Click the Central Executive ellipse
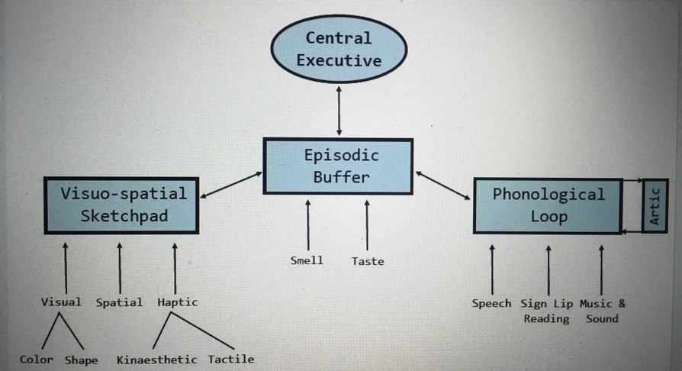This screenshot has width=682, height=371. coord(338,49)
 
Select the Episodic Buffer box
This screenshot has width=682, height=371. coord(338,166)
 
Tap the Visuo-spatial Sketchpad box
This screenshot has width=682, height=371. coord(122,205)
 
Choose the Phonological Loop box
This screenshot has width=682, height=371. coord(547,205)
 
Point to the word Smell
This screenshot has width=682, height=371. coord(307,260)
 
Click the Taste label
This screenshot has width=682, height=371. coord(368,261)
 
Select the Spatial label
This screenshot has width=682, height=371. coord(119,302)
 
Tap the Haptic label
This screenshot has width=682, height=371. coord(177,302)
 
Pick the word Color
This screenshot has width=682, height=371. coord(37,359)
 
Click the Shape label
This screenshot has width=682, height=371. coord(82,360)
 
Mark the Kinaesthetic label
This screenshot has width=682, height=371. coord(157,359)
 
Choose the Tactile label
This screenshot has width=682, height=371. coord(231,359)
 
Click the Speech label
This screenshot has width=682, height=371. coord(491,303)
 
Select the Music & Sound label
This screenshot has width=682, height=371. coord(602,311)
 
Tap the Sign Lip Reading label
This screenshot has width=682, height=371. coord(546,311)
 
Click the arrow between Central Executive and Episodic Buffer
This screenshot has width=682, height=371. coord(339,111)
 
